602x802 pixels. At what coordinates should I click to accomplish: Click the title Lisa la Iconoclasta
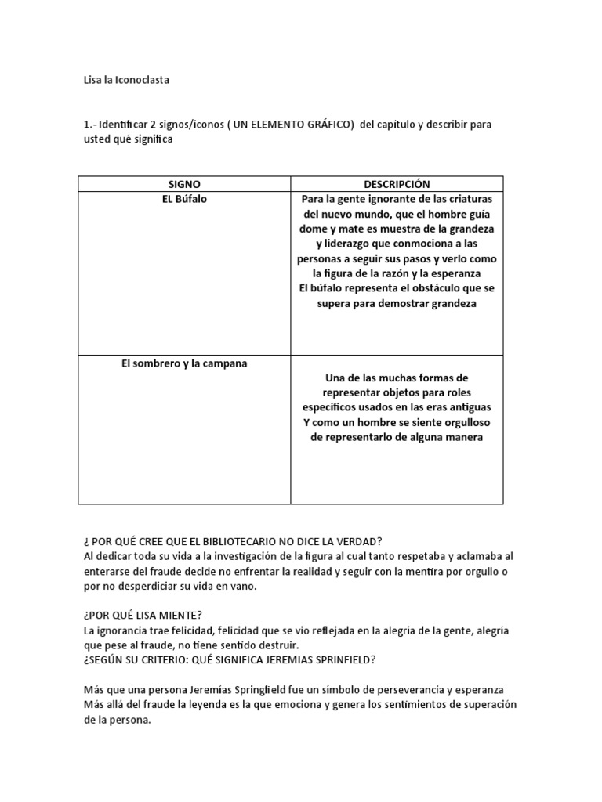click(x=126, y=80)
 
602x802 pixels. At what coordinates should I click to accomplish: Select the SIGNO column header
click(x=184, y=184)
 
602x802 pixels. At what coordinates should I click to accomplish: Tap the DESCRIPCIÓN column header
click(x=397, y=184)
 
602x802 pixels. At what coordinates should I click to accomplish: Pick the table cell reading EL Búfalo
click(x=184, y=199)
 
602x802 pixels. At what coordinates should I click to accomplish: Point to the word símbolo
click(x=291, y=689)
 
